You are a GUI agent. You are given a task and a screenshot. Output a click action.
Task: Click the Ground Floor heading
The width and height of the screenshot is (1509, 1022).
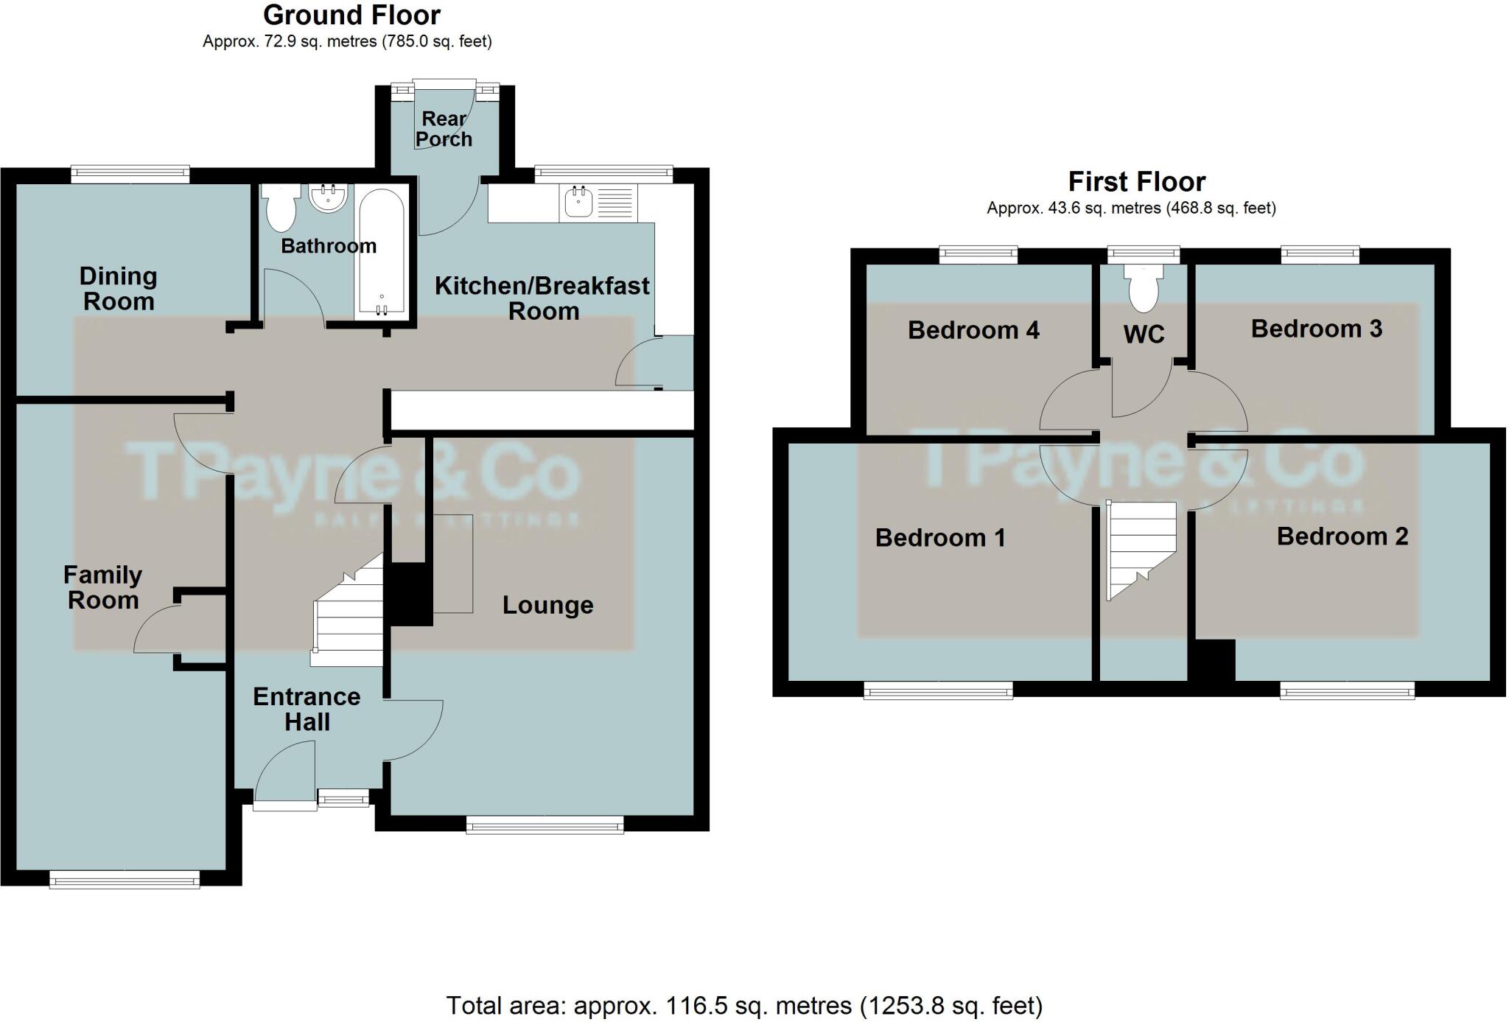coord(351,15)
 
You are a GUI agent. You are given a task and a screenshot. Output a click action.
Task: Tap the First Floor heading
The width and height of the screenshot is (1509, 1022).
coord(1136,181)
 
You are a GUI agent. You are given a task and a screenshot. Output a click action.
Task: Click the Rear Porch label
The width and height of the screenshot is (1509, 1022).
coord(444,129)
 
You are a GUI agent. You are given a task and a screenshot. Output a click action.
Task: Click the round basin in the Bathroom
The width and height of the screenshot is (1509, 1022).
coord(327,198)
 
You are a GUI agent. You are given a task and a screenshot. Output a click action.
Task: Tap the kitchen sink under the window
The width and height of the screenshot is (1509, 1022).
coord(578,202)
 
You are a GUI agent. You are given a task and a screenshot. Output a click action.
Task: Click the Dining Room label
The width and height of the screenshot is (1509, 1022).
coord(118,289)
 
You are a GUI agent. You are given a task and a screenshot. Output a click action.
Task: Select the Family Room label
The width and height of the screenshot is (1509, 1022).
coord(102,587)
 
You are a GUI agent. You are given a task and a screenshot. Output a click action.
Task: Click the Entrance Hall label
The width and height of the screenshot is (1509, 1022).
coord(307,709)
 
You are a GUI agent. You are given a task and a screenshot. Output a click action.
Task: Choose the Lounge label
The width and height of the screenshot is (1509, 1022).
coord(547,605)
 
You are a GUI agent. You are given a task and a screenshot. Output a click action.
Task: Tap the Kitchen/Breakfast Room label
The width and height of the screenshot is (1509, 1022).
coord(542,298)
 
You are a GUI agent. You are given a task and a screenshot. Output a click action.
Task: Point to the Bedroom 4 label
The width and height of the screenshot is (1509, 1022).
coord(973,330)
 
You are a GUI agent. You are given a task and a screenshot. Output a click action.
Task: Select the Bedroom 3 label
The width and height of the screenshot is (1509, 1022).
coord(1316,329)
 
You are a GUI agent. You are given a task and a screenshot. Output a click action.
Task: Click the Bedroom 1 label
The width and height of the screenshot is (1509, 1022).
coord(940,538)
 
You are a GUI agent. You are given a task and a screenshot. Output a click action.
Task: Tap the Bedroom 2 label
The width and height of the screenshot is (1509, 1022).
coord(1342,536)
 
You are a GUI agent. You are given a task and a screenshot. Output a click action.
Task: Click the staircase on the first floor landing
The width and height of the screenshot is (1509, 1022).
coord(1140,549)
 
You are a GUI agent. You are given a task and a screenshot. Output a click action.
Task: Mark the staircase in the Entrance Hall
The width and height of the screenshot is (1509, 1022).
coord(349,615)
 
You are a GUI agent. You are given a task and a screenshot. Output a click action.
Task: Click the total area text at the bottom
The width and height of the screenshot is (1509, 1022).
coord(744,1005)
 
